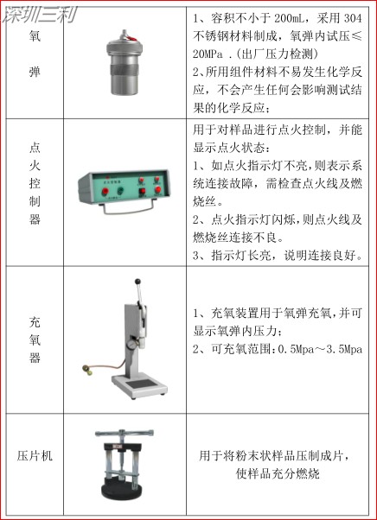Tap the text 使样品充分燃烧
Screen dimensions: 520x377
(280, 473)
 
